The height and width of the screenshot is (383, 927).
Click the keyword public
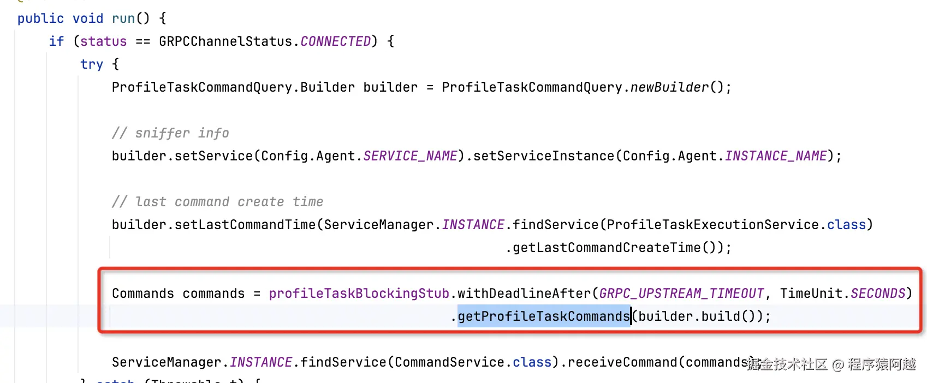(x=40, y=19)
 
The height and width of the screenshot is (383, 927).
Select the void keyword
(x=88, y=19)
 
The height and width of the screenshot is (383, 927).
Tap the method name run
(x=123, y=19)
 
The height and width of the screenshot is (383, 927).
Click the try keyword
(x=92, y=64)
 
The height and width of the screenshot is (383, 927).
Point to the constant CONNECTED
(x=336, y=41)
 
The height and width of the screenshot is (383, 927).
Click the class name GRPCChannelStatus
(x=225, y=41)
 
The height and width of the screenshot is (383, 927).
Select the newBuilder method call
(x=669, y=87)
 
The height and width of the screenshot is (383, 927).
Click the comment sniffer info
(x=170, y=133)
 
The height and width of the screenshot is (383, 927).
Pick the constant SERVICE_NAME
(x=410, y=156)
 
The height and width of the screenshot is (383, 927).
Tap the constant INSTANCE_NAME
(x=776, y=156)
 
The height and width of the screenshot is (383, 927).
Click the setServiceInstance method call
(x=544, y=156)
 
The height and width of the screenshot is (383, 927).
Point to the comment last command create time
(x=217, y=202)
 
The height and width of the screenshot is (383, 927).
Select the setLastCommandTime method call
(x=245, y=225)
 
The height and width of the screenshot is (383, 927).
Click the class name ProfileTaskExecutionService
(x=713, y=225)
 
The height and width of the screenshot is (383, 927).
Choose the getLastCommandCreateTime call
(x=607, y=248)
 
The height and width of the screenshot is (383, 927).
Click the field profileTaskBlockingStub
(x=359, y=294)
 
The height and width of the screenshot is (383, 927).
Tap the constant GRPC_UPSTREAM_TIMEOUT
(x=681, y=294)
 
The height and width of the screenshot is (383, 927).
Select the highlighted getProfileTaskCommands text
(x=544, y=316)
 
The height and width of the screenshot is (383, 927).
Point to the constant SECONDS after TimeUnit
(x=878, y=294)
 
